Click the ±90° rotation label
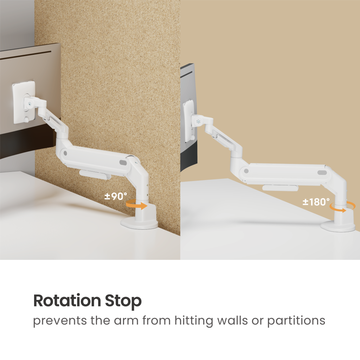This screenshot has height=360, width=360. point(115,196)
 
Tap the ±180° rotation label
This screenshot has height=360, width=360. point(316,202)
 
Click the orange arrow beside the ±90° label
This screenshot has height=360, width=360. point(137,205)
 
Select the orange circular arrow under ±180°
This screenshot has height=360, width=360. point(342,207)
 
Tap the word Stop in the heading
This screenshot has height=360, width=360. point(123,301)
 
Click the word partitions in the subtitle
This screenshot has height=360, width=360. point(296,321)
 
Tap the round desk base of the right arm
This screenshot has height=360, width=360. point(338,226)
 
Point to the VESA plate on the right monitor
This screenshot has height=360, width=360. point(189,121)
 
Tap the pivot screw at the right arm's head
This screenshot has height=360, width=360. point(199,121)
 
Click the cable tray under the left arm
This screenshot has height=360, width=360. point(96,174)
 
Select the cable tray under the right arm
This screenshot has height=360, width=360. point(280,188)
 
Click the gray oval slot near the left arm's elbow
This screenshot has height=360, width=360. point(123,162)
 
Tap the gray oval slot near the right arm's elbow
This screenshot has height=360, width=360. point(322,173)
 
